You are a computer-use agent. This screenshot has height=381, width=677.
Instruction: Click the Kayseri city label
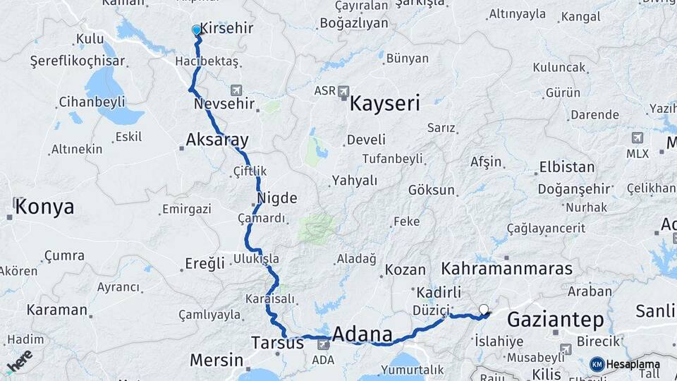pyautogui.click(x=384, y=104)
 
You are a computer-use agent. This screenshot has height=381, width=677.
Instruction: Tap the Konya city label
pyautogui.click(x=44, y=207)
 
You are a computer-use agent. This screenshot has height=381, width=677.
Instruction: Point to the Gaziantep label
pyautogui.click(x=556, y=320)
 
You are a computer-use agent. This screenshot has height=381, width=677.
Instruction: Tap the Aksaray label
pyautogui.click(x=217, y=140)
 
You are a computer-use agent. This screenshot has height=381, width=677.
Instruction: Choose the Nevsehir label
pyautogui.click(x=224, y=104)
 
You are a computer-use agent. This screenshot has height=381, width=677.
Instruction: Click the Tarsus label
pyautogui.click(x=277, y=343)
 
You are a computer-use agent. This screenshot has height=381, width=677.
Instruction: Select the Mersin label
pyautogui.click(x=216, y=360)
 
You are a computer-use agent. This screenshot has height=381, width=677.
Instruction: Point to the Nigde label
pyautogui.click(x=276, y=198)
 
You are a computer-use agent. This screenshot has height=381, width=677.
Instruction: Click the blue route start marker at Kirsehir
pyautogui.click(x=197, y=30)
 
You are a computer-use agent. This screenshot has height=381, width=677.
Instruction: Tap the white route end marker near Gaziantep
pyautogui.click(x=484, y=308)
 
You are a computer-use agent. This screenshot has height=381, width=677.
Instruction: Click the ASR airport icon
pyautogui.click(x=343, y=91)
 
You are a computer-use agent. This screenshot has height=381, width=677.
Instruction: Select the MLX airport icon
pyautogui.click(x=638, y=138)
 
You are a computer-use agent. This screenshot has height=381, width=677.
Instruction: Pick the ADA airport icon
pyautogui.click(x=323, y=344)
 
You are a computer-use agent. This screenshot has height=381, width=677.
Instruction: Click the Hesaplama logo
pyautogui.click(x=623, y=364)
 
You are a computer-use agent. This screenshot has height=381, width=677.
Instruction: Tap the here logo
pyautogui.click(x=20, y=361)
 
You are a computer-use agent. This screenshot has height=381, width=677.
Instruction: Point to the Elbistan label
pyautogui.click(x=567, y=168)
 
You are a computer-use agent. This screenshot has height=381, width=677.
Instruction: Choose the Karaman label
pyautogui.click(x=57, y=310)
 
